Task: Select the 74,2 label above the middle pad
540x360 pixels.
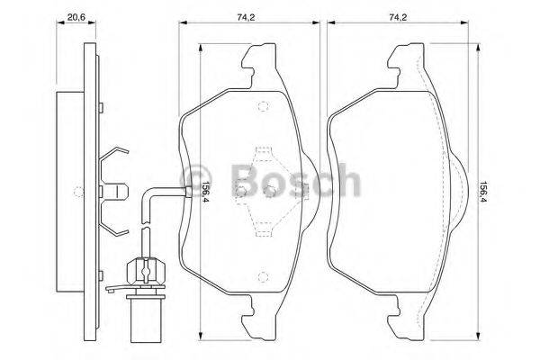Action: pyautogui.click(x=246, y=16)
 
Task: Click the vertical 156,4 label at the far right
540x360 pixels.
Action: pyautogui.click(x=483, y=191)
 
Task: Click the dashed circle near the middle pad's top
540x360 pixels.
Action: pyautogui.click(x=262, y=108)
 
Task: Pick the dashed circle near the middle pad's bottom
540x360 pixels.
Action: pyautogui.click(x=262, y=275)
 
